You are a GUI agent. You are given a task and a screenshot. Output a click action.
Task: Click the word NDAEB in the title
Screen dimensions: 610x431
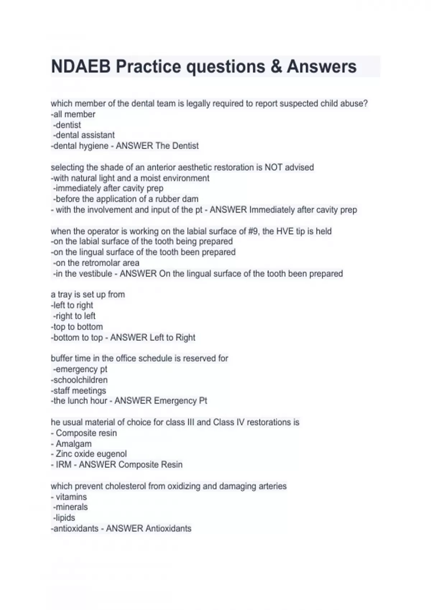tap(81, 67)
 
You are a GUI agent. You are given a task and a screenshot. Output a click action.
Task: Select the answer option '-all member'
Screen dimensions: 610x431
tap(73, 114)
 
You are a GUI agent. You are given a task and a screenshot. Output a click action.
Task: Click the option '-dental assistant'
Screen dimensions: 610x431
tap(84, 135)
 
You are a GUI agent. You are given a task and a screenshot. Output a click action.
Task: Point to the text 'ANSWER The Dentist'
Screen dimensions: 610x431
tap(157, 146)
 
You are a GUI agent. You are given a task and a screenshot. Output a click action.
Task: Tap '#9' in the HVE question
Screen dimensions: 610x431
tap(253, 231)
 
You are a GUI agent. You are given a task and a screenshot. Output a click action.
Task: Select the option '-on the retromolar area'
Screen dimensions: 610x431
tap(96, 263)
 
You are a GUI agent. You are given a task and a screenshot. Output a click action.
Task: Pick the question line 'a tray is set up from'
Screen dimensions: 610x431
tap(88, 295)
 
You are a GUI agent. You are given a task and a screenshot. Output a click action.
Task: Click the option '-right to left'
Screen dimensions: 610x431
tap(74, 316)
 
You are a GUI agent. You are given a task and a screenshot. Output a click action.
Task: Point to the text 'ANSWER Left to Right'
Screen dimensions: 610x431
tap(153, 338)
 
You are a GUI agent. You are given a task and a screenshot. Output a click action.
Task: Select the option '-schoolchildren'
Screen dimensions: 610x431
tap(79, 380)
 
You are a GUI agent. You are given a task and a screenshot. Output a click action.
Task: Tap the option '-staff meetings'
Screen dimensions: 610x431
tap(78, 391)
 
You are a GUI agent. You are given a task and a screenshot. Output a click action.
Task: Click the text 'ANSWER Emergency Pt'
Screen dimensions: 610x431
tap(161, 401)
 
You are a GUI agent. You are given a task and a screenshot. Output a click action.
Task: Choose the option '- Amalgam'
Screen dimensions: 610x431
tap(71, 444)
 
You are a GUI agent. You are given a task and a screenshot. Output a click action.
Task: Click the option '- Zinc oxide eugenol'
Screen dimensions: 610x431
tap(89, 454)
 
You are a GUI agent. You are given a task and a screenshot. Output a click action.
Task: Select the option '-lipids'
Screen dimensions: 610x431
tap(64, 518)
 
